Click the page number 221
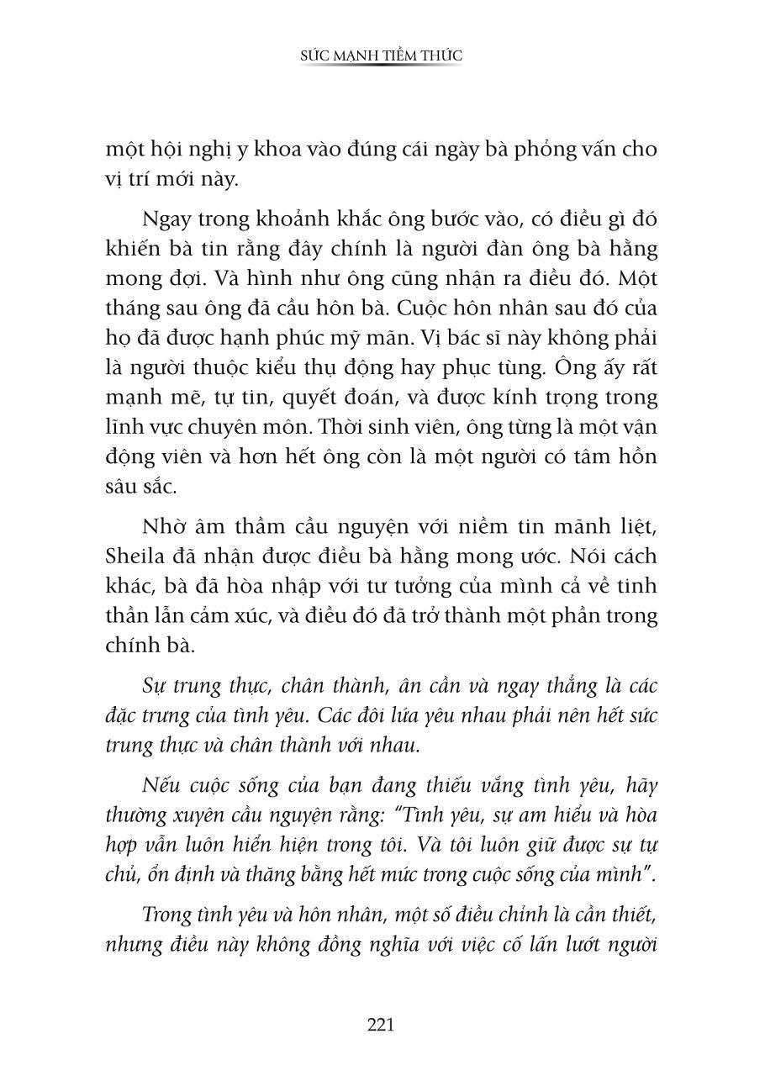click(x=381, y=1025)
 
